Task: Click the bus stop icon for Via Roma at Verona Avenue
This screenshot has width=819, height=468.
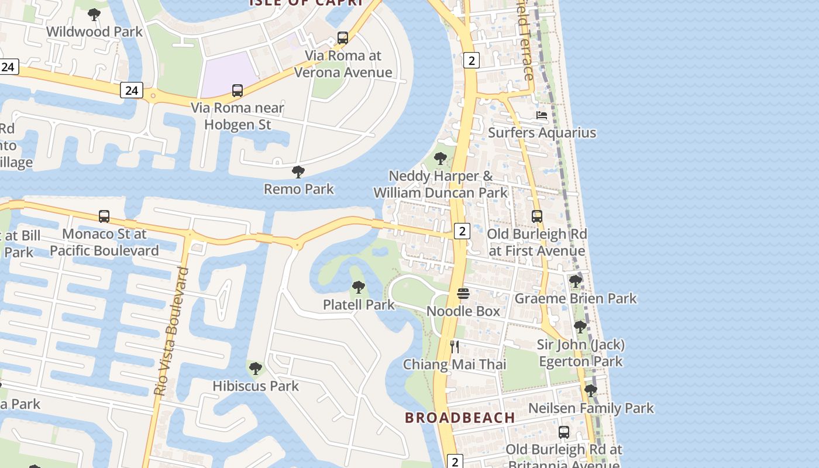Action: coord(343,39)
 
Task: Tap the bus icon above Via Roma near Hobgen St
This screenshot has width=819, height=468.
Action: coord(237,91)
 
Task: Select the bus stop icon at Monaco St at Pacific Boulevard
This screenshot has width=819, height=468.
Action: coord(104,216)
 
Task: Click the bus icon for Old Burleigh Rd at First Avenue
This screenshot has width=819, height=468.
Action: coord(537,216)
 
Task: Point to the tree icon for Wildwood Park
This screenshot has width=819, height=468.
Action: coord(94,14)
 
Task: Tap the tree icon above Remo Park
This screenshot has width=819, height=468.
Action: coord(298,172)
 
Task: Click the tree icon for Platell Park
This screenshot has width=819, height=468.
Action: coord(359,287)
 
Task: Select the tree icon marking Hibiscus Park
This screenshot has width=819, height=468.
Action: coord(255,369)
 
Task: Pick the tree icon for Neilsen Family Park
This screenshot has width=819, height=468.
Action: coord(591,390)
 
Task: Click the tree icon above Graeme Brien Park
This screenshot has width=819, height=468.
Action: coord(576,281)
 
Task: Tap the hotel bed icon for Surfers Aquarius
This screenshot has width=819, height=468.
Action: coord(542,115)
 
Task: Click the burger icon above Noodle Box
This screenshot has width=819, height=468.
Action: coord(463,293)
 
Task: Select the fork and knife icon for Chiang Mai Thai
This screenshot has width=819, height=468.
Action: coord(455,347)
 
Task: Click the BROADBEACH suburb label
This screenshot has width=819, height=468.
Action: coord(460,418)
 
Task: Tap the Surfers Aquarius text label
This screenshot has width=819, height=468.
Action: coord(542,133)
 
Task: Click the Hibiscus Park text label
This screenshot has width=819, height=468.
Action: coord(256,386)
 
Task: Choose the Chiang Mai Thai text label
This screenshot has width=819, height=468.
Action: coord(455,364)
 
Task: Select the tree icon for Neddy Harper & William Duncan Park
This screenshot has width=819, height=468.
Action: coord(441,159)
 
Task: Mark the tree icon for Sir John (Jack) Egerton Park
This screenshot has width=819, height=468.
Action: coord(580,327)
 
